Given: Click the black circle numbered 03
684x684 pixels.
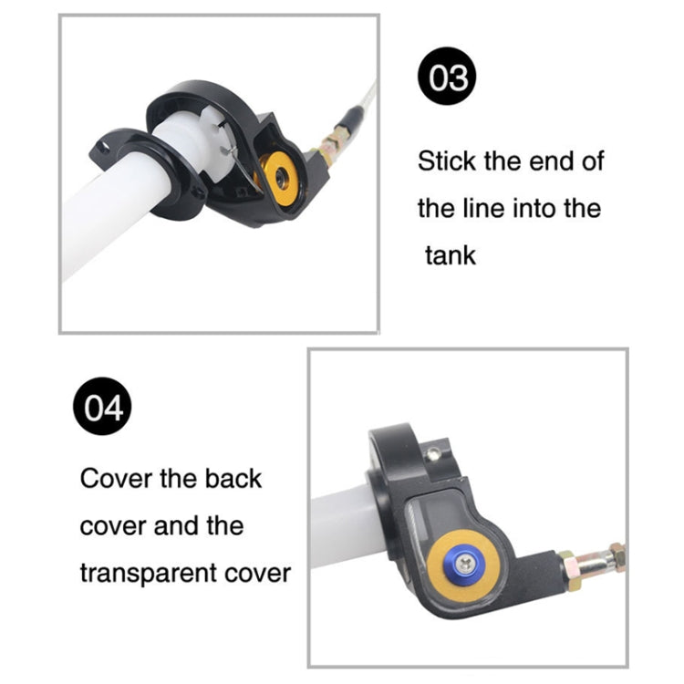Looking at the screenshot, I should point(449,79).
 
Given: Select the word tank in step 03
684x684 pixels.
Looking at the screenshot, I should point(451,254).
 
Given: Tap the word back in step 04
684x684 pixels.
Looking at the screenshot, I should point(231,479).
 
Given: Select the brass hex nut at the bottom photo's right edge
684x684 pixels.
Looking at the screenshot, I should point(617,556).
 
